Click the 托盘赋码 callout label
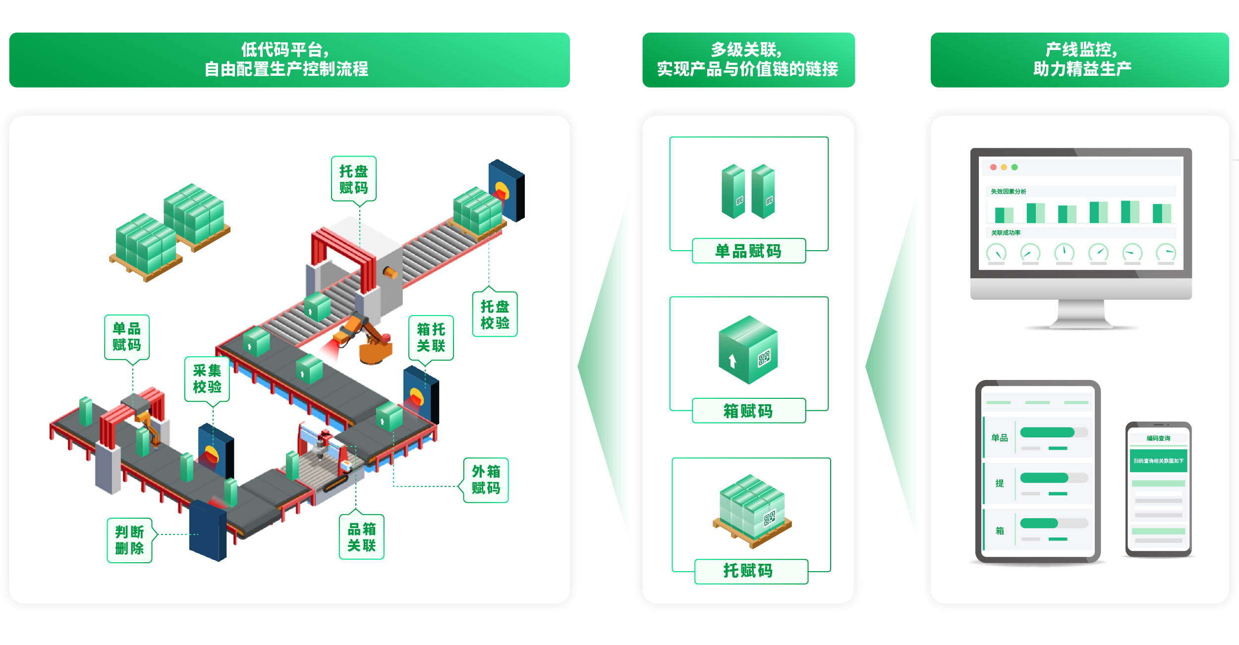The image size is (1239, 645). tap(353, 179)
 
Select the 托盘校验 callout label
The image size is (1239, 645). tap(495, 315)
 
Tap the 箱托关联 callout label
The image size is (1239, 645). tap(431, 338)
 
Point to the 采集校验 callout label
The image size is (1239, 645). tap(207, 379)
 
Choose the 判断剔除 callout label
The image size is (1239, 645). tap(129, 540)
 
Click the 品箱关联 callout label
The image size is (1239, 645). tap(361, 537)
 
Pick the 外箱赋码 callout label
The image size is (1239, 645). tap(486, 480)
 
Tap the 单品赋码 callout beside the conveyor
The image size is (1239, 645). tap(126, 337)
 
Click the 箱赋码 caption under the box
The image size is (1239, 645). tap(748, 411)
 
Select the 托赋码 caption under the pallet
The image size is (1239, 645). tap(748, 571)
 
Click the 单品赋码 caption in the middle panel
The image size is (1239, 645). tap(748, 251)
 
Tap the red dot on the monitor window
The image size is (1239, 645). tap(993, 167)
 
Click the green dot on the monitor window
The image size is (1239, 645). tap(1014, 167)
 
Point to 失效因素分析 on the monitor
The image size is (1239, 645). tap(1009, 192)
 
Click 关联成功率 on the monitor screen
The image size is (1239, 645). tap(1006, 233)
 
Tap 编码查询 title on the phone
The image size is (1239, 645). tap(1158, 438)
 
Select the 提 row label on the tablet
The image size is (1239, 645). tap(1000, 484)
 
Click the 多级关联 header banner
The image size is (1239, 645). tap(748, 60)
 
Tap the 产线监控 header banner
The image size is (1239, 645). tap(1079, 60)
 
